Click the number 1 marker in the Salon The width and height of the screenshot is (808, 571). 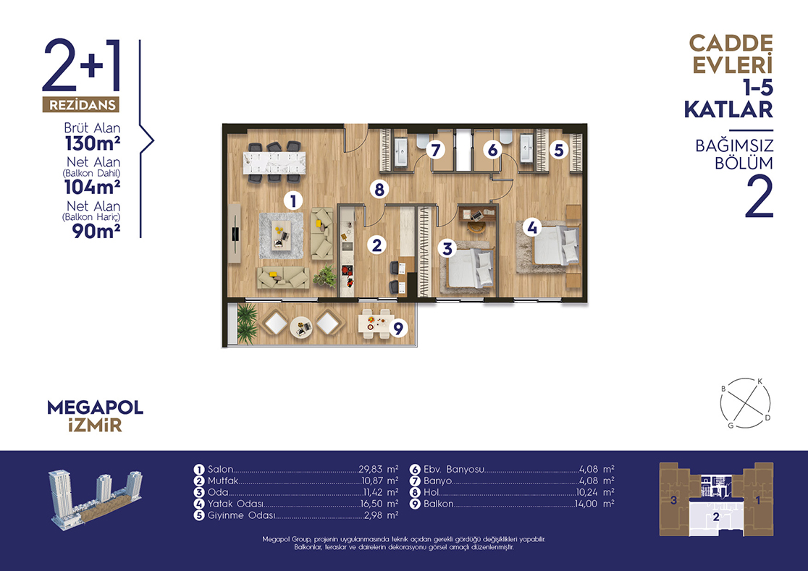coord(293,200)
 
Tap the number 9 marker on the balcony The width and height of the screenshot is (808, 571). coord(397,328)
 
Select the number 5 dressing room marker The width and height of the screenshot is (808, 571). coord(559,151)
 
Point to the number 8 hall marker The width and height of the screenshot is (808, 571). coord(379,190)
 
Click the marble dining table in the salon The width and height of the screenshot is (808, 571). coord(274,163)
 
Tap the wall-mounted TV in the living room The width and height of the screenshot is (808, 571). coord(235,233)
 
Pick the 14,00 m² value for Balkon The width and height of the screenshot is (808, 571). coord(594,504)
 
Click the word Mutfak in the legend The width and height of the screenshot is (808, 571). coord(222,481)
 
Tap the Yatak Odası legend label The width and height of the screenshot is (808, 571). coord(235,504)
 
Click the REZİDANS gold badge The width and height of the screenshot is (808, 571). coord(81,105)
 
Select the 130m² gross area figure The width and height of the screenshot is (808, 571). coord(93,143)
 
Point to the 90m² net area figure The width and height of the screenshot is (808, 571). coord(96,231)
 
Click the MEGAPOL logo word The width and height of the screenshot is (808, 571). coord(96,407)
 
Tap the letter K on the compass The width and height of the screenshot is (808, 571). coord(759,381)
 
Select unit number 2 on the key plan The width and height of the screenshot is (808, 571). coord(716,517)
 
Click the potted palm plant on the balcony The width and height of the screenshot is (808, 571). coord(247,323)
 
